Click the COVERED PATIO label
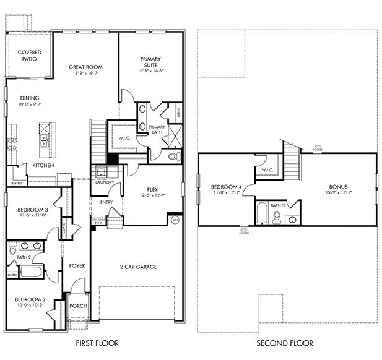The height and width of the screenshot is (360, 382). tap(29, 56)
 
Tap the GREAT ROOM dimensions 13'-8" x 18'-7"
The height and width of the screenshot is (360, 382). tap(85, 73)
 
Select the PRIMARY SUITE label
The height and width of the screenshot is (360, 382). tap(149, 62)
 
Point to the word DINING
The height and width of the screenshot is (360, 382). tap(29, 98)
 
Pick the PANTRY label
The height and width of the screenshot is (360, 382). tap(17, 183)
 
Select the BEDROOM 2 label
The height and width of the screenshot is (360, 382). tap(30, 299)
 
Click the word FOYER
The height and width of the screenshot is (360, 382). tap(77, 265)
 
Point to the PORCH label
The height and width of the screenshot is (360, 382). tap(77, 305)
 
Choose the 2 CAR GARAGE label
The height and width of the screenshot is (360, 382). tap(138, 267)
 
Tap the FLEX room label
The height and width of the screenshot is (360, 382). tap(154, 189)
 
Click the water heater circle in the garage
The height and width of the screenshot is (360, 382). tap(175, 219)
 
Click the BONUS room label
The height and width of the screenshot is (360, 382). tap(338, 187)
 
